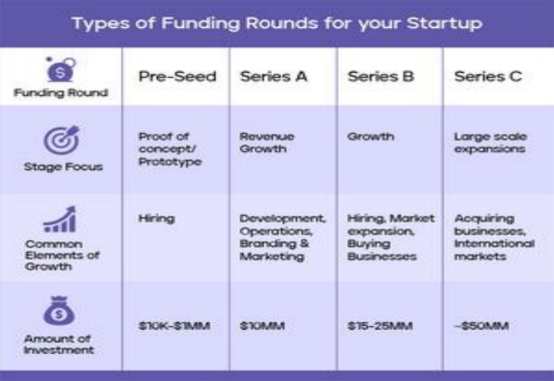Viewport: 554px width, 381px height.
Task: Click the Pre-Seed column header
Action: tap(177, 76)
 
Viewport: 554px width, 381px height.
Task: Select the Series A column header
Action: tap(274, 76)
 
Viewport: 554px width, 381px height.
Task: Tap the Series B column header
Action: tap(381, 76)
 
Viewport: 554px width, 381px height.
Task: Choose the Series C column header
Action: tap(488, 76)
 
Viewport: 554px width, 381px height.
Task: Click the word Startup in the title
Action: tap(445, 24)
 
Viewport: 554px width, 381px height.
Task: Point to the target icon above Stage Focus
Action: tap(62, 140)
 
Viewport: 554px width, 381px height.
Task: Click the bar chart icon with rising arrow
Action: tap(60, 219)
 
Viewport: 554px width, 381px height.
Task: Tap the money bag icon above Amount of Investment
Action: tap(59, 311)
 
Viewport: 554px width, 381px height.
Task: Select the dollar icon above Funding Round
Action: tap(61, 70)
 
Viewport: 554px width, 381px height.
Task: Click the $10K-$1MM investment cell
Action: tap(174, 326)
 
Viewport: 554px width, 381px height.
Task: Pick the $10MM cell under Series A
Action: tap(262, 326)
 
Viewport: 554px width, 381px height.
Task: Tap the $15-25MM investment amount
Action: tap(380, 326)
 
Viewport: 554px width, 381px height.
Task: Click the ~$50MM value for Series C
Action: tap(482, 326)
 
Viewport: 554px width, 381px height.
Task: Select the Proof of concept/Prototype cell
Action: tap(170, 149)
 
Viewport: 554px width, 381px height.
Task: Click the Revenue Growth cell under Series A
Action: tap(267, 143)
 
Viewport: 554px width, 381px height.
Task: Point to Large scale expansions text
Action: tap(491, 143)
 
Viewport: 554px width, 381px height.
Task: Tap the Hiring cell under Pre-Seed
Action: tap(157, 219)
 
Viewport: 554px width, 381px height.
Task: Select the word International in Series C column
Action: tap(494, 244)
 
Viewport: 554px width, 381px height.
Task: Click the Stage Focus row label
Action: tap(64, 166)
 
